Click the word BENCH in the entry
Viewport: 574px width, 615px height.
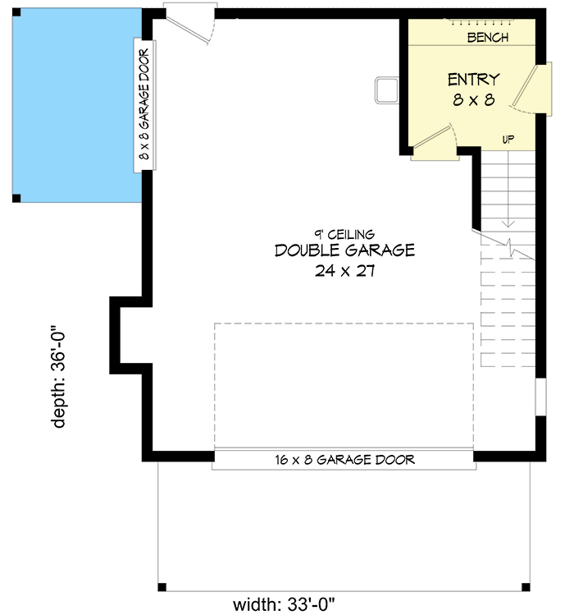487,38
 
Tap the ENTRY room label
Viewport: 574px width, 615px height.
473,80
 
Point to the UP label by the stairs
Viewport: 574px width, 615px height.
508,140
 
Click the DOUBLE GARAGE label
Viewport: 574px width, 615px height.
344,250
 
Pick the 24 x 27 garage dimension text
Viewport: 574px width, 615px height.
344,271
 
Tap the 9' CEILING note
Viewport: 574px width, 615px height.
344,233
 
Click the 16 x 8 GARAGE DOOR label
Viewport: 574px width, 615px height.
344,460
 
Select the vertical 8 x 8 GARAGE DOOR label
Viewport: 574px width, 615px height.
144,105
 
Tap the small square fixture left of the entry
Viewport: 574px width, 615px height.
386,89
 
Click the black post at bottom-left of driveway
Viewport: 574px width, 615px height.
162,587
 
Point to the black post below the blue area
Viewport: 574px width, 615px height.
16,198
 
